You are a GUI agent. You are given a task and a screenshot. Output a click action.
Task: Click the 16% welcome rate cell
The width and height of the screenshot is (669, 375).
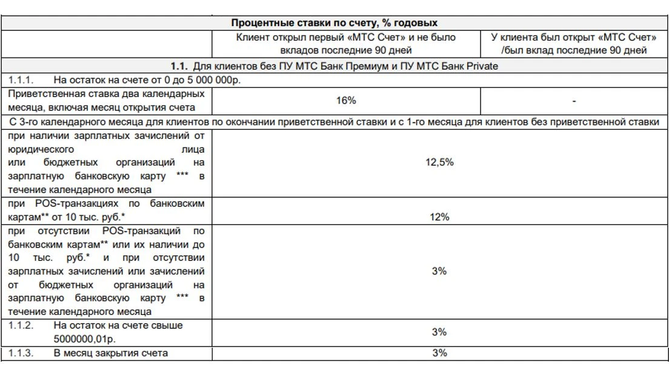pos(345,101)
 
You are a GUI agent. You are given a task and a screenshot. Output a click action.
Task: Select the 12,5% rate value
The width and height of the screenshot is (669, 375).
pos(439,163)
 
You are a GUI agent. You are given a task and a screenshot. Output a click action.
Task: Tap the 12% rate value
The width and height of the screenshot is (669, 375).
pos(439,217)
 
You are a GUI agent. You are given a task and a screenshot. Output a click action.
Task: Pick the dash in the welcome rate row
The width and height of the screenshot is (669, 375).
pos(573,101)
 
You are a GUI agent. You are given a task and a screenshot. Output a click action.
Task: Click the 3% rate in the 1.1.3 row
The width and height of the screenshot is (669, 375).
pos(439,353)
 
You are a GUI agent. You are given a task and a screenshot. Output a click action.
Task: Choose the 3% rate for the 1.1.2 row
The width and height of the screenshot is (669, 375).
pos(439,332)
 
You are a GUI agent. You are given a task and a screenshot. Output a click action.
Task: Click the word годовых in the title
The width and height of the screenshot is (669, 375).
pos(418,24)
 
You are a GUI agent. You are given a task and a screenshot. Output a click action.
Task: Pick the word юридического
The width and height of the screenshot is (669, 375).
pos(41,149)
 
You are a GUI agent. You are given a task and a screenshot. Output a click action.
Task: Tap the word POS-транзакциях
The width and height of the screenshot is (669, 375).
pos(64,203)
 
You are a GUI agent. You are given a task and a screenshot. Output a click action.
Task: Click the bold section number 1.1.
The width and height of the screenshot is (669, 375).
pos(179,66)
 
